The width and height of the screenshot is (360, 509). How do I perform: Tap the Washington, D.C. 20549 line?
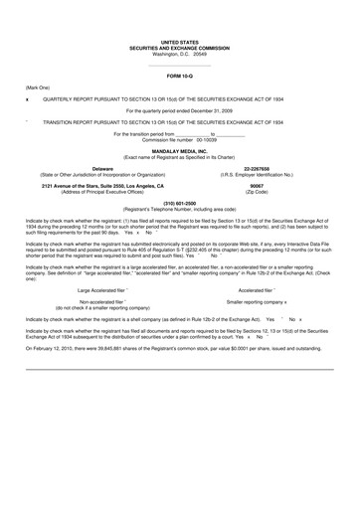click(x=179, y=54)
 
